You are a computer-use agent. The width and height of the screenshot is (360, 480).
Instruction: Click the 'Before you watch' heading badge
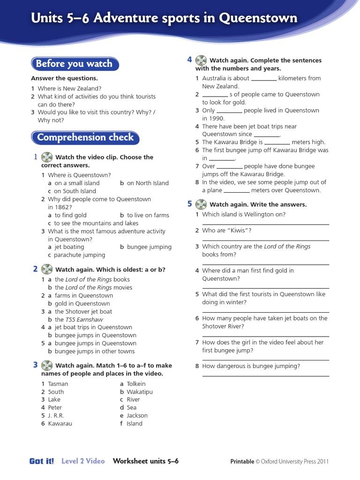point(75,64)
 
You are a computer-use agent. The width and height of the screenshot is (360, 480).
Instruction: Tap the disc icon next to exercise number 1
point(47,157)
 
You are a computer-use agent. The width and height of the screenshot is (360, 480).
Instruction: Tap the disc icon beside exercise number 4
point(201,60)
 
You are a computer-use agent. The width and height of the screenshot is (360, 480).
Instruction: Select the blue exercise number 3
point(35,365)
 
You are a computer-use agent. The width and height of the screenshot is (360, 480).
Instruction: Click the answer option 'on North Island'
point(147,183)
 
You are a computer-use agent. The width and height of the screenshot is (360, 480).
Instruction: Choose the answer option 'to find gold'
point(70,216)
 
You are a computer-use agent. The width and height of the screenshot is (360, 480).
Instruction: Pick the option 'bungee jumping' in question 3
point(149,247)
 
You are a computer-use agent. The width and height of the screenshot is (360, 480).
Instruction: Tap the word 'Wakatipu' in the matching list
point(140,392)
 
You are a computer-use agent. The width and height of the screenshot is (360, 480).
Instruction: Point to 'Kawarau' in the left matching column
point(60,424)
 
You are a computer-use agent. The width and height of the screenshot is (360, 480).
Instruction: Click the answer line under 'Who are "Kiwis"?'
point(265,240)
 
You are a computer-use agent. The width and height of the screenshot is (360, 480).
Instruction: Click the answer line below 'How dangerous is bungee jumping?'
point(265,376)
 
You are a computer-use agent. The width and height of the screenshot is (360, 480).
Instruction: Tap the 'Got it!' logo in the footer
point(42,461)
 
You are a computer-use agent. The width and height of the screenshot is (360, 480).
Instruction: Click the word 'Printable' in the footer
point(242,462)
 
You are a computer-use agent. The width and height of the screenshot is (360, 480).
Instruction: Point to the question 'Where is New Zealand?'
point(69,89)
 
